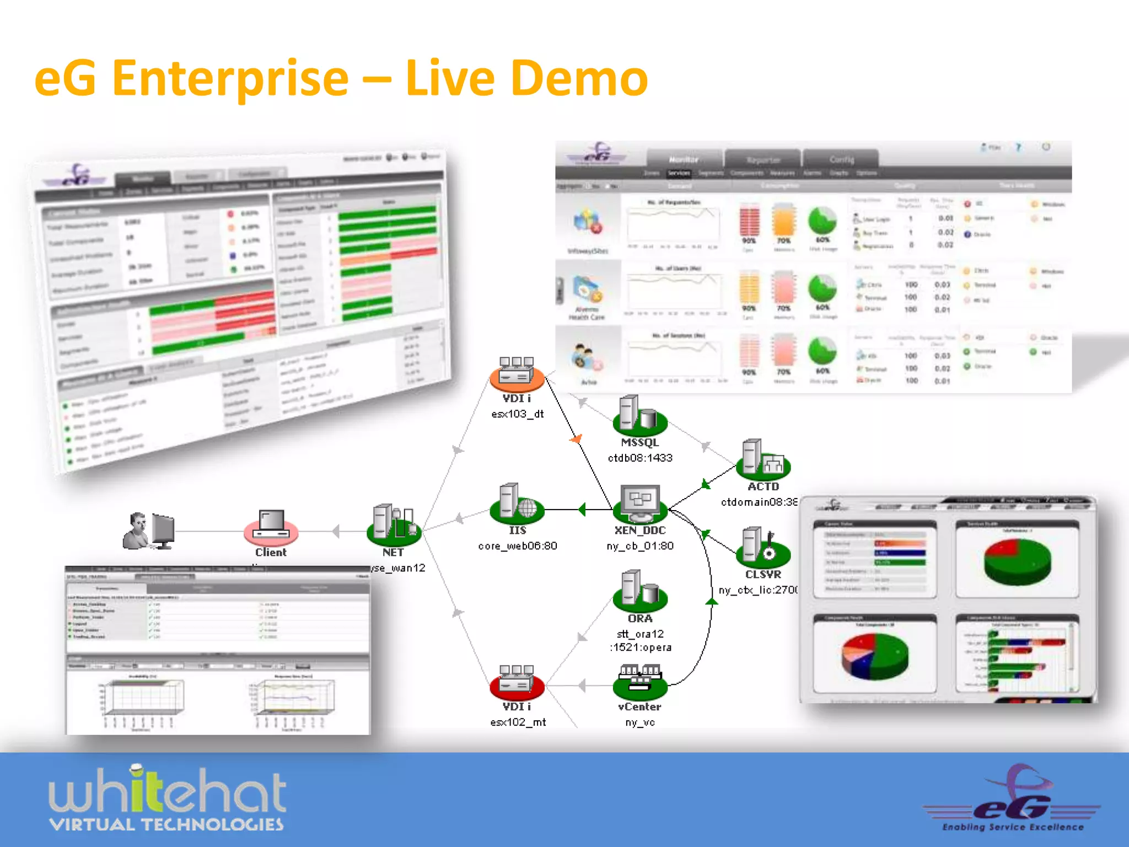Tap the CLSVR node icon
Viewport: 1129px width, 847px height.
[764, 547]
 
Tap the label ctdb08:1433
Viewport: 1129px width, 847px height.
[640, 458]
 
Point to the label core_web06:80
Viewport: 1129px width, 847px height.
[518, 546]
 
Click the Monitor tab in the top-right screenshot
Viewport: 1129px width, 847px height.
[684, 159]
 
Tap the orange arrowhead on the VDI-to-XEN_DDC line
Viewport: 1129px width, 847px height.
[577, 439]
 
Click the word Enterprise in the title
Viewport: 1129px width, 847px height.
[230, 78]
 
